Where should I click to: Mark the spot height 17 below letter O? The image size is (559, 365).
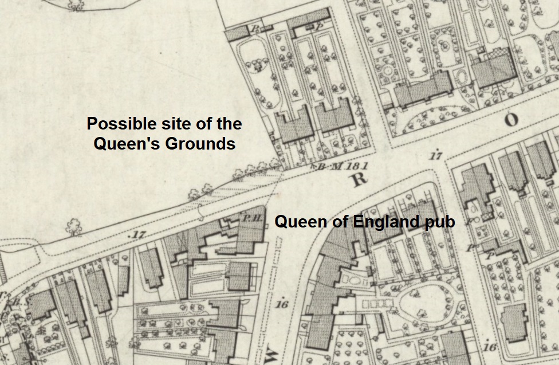(437, 155)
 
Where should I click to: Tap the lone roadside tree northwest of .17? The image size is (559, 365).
(73, 228)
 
